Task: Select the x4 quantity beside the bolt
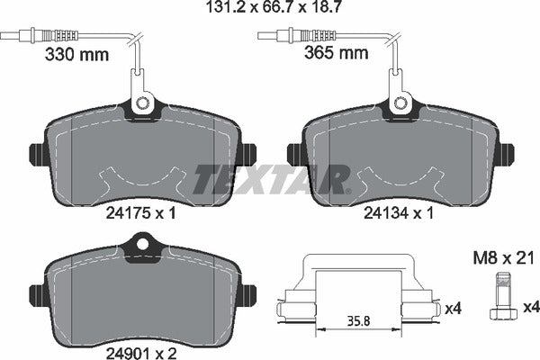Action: click(530, 309)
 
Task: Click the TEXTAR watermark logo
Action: click(270, 180)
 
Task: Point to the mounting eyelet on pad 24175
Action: click(141, 105)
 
